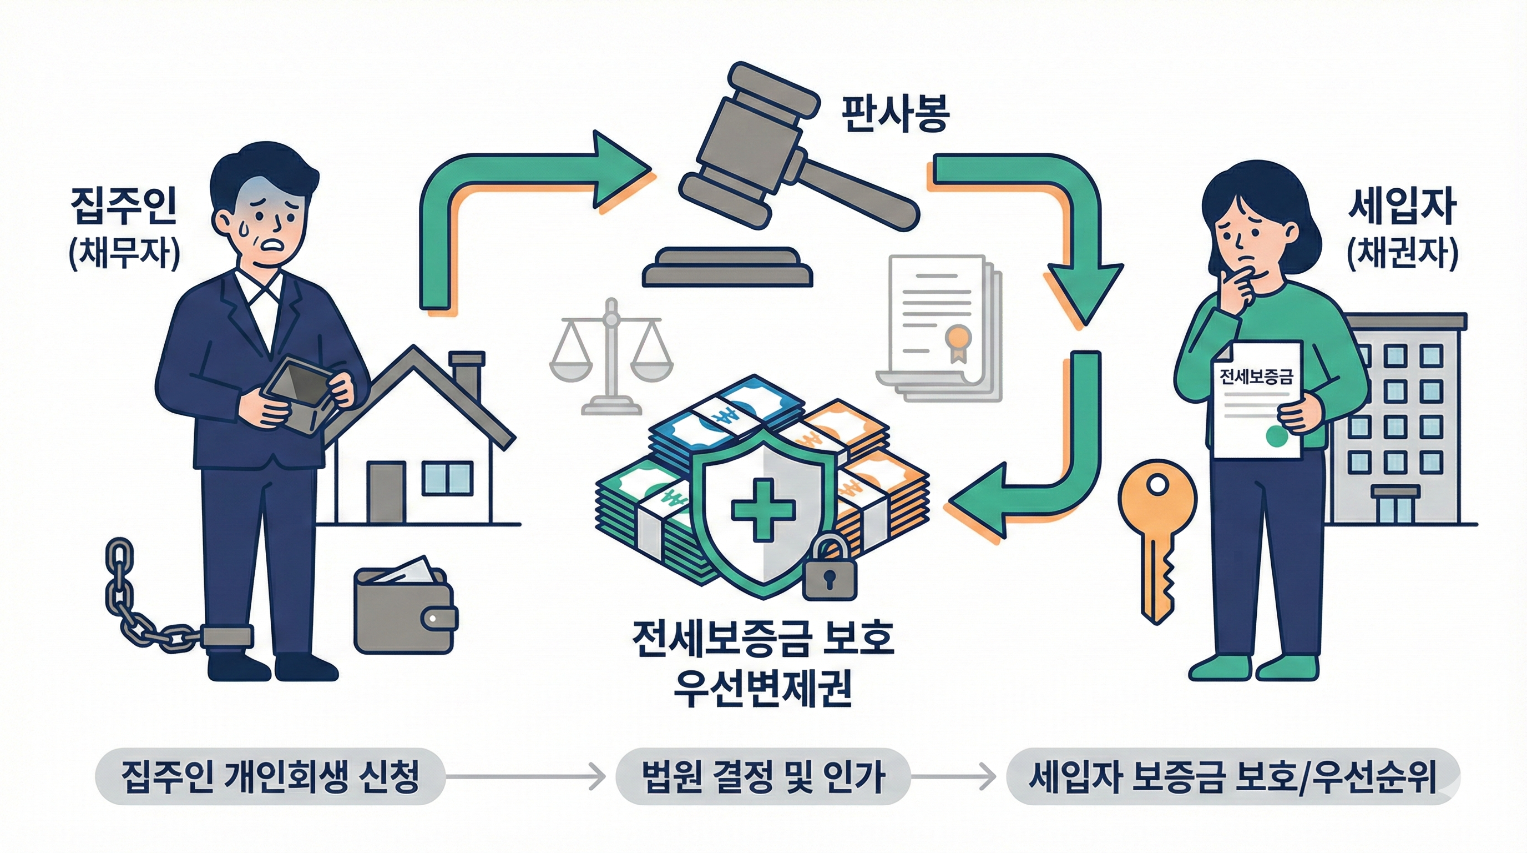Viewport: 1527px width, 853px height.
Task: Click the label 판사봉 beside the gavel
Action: (895, 115)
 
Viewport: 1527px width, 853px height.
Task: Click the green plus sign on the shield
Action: (763, 509)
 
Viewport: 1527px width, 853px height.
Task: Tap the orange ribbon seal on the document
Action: (956, 341)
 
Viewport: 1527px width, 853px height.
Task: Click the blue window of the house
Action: (447, 479)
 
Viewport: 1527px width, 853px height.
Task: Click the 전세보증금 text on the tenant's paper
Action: (1255, 377)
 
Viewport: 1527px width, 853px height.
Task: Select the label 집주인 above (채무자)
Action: (123, 207)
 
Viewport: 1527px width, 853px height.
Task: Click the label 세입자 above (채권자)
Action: (1402, 208)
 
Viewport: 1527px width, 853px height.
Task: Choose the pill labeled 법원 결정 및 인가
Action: (763, 776)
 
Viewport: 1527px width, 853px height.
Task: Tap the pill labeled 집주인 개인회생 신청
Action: (270, 776)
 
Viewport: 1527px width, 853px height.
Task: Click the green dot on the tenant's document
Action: (1276, 436)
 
